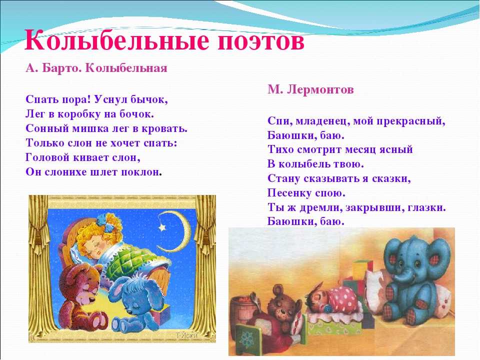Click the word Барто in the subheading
tap(60, 68)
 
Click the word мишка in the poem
tap(86, 128)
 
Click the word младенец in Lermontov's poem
tap(319, 121)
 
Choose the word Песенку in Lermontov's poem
tap(287, 193)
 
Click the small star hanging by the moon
tap(161, 228)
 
